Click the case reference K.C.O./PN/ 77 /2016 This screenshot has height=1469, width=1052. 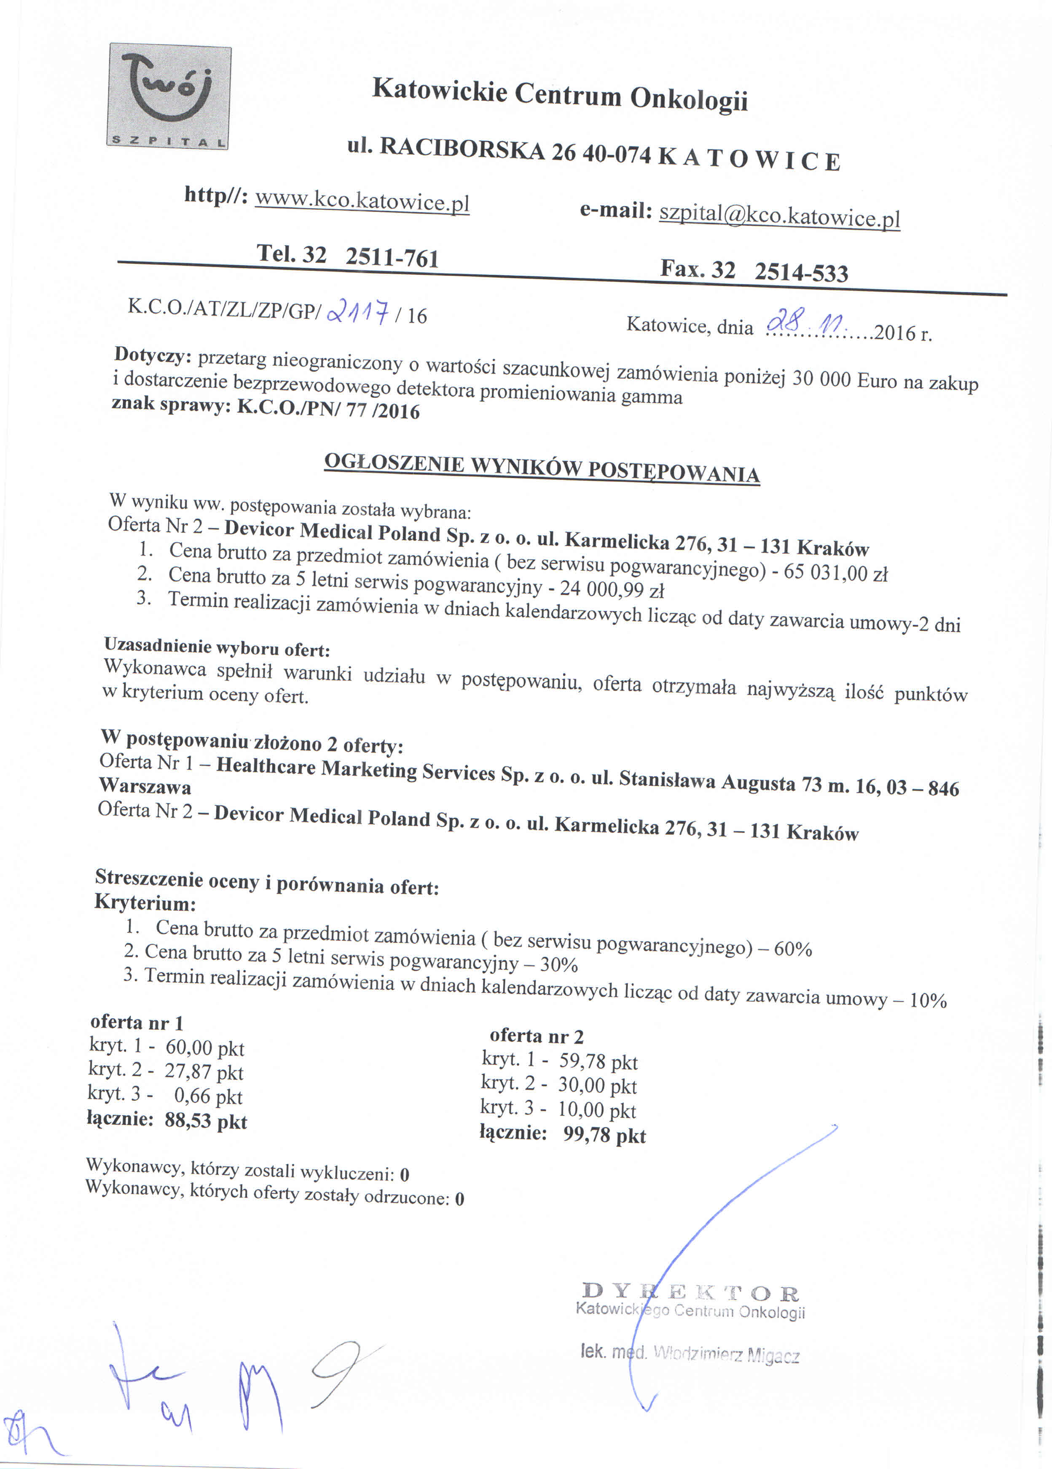click(x=329, y=409)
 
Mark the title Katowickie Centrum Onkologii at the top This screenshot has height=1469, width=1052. click(x=560, y=94)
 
